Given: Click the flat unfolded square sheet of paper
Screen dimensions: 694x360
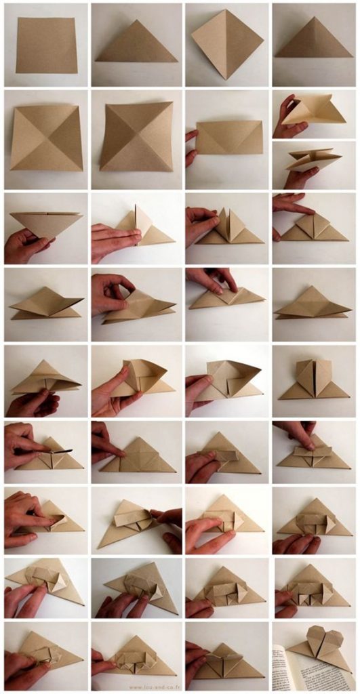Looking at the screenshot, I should (46, 45).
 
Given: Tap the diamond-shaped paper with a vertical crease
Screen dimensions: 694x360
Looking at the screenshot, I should (226, 43).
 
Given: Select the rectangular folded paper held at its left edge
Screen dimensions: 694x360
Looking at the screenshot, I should (230, 138).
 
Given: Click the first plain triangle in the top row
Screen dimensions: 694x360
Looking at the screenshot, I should (136, 45).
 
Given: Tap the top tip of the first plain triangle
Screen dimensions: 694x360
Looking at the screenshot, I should (138, 20).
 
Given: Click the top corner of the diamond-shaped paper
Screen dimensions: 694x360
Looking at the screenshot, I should (226, 10).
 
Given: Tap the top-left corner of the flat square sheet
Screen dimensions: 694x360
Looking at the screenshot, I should (17, 18).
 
